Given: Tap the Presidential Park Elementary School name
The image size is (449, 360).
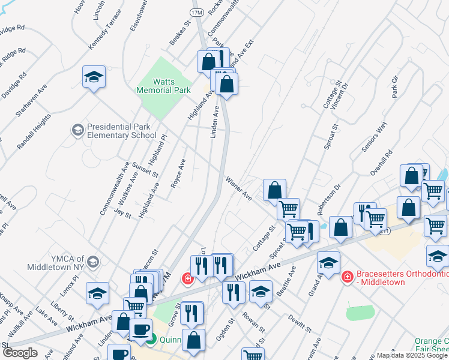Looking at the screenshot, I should [x=122, y=131].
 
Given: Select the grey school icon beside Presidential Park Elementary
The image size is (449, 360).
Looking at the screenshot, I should [x=77, y=130].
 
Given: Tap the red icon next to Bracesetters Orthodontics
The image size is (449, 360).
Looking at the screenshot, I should [x=346, y=277].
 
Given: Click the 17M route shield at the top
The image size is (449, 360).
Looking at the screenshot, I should [x=196, y=11].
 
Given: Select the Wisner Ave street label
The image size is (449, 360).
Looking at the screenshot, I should [x=238, y=187].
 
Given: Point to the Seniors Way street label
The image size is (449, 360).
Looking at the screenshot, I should [x=372, y=139].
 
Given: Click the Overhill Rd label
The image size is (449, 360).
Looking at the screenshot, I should [x=382, y=163].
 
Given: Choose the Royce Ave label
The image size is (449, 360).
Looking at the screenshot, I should [x=178, y=174].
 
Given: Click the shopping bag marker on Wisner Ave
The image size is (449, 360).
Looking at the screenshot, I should [x=274, y=191].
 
